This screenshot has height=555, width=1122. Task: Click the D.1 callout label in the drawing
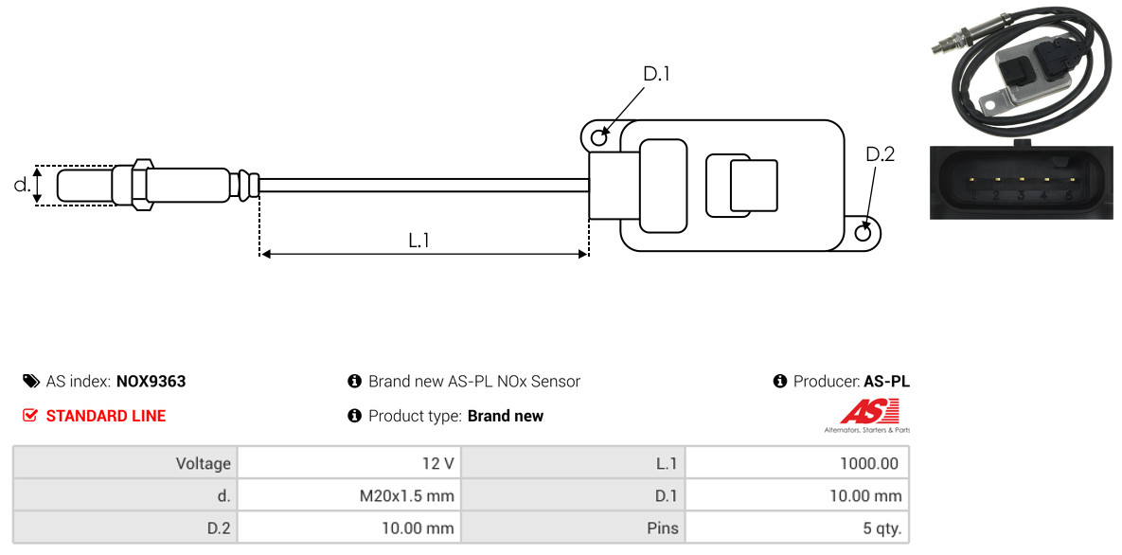coord(655,74)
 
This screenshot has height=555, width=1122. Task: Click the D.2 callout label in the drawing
coord(880,154)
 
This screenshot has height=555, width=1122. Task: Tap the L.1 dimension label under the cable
coord(419,241)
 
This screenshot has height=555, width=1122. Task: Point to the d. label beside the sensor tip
coord(22,185)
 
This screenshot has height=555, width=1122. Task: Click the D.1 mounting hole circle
coord(599,134)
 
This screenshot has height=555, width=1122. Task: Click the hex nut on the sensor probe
coord(142,185)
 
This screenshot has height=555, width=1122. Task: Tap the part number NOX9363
coord(151,382)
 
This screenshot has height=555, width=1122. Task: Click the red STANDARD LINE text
coord(106,416)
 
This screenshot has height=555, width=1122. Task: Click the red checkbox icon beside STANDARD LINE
coord(29,416)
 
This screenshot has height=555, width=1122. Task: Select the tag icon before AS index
coord(30,381)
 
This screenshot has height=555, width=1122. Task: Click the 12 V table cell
coord(349,463)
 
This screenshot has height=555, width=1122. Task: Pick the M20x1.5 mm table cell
coord(349,495)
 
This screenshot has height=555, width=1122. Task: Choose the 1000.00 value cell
coord(797,463)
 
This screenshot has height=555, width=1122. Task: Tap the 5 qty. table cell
coord(797,528)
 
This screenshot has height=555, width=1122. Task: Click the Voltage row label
coord(204,464)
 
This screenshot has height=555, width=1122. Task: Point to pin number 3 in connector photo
coord(1021,195)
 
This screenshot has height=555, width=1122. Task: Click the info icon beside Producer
coord(780,381)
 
